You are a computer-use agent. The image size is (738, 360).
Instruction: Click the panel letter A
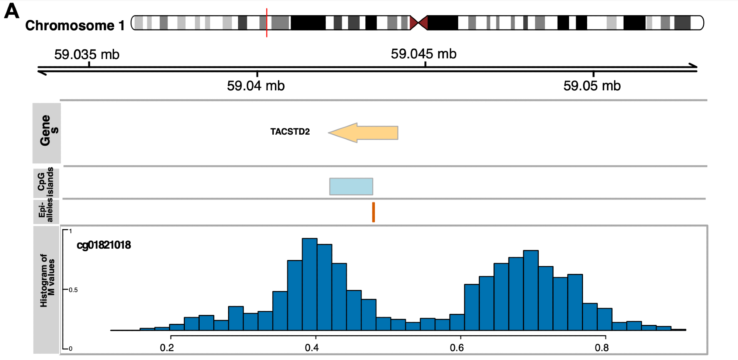coord(11,11)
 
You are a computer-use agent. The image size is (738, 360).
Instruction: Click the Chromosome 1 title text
coord(75,25)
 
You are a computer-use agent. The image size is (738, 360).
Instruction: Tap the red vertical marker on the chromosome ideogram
coord(267,23)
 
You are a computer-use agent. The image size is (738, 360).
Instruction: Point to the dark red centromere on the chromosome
coord(418,23)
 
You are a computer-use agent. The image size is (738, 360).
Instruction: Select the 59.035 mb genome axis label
coord(87,55)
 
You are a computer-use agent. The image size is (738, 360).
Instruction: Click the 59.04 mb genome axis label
coord(256,86)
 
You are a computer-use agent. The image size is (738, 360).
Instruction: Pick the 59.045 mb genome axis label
coord(424,54)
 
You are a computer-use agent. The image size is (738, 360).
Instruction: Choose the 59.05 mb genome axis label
coord(592,86)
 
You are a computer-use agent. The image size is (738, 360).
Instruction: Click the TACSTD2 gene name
coord(290,132)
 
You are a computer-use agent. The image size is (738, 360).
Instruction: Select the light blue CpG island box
coord(351,187)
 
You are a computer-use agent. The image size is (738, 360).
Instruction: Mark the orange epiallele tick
coord(373,212)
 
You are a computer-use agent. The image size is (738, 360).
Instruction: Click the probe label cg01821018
coord(104,245)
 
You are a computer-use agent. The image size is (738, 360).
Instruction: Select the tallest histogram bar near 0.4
coord(310,284)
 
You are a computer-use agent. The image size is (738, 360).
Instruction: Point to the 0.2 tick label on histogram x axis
coord(167,347)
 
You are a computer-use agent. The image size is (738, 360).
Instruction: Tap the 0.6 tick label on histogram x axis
coord(457,347)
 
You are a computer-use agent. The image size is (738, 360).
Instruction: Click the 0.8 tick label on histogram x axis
coord(602,347)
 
